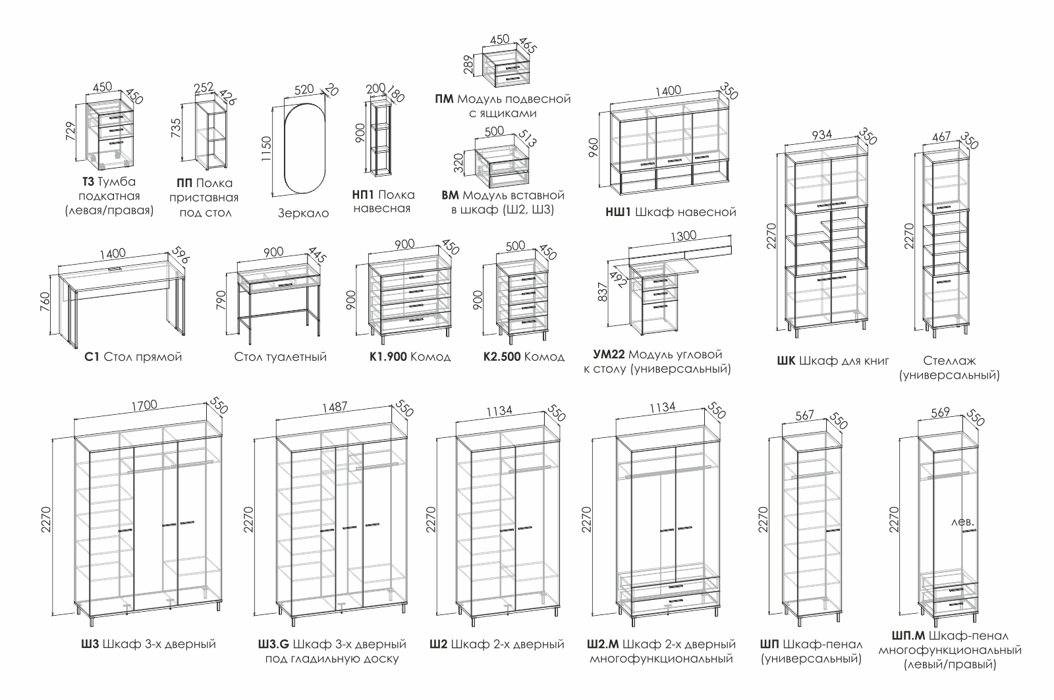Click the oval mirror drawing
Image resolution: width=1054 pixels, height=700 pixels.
click(x=303, y=148)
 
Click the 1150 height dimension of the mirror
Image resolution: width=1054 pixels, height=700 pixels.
click(x=266, y=150)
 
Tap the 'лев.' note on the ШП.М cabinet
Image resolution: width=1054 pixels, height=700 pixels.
click(x=962, y=522)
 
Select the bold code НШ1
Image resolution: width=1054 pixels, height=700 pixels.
click(x=619, y=212)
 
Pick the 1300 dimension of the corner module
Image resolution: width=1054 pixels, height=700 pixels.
click(x=682, y=236)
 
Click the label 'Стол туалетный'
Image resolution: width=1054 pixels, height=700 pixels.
click(x=281, y=357)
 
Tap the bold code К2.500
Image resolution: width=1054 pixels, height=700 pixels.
click(x=502, y=357)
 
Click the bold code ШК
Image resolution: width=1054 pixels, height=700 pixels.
click(x=787, y=360)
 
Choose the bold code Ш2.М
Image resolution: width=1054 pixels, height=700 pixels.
click(x=602, y=643)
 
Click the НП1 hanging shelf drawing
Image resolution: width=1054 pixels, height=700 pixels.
click(x=380, y=138)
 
